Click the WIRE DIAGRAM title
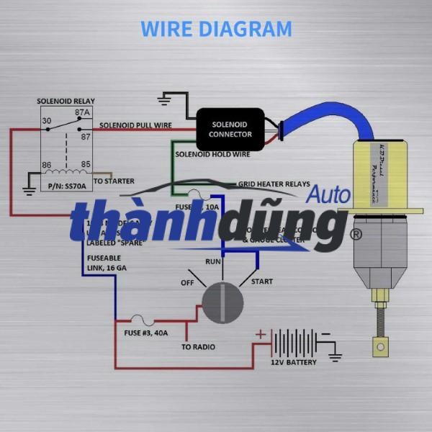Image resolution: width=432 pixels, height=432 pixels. click(216, 29)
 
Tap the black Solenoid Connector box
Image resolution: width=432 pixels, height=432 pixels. click(230, 130)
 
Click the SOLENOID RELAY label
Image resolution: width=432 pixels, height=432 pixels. click(66, 101)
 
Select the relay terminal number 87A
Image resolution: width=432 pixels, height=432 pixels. click(82, 113)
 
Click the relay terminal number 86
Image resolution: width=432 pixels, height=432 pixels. click(46, 165)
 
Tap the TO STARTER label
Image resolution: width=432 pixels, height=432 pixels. click(114, 181)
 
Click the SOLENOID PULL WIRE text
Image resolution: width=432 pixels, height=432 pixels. click(135, 125)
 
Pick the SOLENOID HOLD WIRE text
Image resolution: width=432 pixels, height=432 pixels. click(212, 154)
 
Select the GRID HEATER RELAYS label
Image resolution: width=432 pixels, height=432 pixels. click(274, 184)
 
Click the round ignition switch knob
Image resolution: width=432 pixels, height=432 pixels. click(222, 302)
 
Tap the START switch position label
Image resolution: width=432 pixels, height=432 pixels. click(261, 282)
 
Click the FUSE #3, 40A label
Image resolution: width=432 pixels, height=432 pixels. click(148, 333)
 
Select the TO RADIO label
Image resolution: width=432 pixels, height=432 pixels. click(198, 347)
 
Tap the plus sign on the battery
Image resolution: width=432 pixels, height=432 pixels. click(261, 334)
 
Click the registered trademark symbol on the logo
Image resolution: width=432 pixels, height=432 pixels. click(355, 234)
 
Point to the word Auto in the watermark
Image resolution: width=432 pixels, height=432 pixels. click(329, 195)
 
